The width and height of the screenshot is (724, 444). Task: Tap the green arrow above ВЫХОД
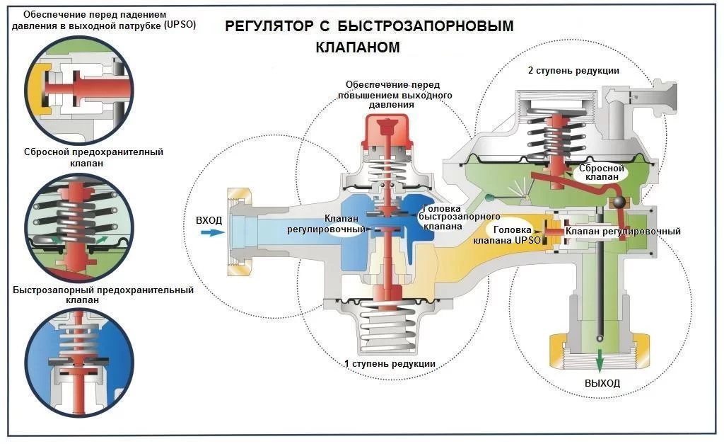point(599,360)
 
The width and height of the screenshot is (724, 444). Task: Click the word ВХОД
point(209,220)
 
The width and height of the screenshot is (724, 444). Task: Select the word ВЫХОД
point(602,383)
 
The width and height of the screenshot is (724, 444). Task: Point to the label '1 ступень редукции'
point(390,364)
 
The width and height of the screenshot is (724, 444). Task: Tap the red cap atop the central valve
point(386,132)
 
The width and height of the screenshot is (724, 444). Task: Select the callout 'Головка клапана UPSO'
point(517,235)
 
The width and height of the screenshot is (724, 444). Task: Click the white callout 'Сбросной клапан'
point(601,173)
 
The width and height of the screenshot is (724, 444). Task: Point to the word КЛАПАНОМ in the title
point(358,48)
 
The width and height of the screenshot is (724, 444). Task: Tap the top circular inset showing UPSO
point(79,87)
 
